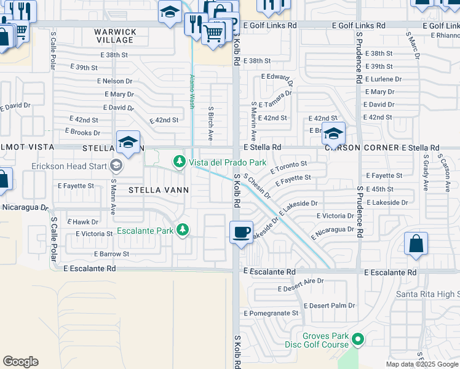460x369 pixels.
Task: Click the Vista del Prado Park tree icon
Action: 179,162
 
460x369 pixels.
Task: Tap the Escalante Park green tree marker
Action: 183,229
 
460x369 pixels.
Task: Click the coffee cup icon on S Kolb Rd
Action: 241,232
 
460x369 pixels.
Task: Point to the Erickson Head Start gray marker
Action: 115,165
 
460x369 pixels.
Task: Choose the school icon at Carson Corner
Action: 333,133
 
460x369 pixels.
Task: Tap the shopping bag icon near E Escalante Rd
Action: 416,243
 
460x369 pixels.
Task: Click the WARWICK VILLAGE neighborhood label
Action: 115,36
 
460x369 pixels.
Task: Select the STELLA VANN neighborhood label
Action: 158,190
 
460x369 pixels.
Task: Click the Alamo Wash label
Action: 192,92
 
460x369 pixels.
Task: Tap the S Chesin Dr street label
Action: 256,186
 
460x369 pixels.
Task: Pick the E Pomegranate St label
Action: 271,313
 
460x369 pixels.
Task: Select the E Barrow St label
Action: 111,253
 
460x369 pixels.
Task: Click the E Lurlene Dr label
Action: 383,79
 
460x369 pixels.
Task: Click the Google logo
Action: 20,362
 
